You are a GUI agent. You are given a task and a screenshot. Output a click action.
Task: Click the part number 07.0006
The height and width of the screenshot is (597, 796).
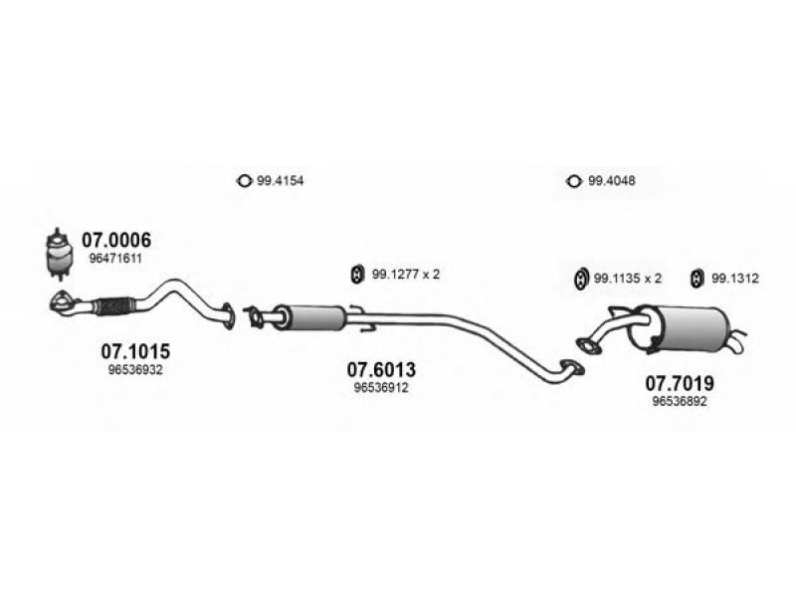[x=116, y=240]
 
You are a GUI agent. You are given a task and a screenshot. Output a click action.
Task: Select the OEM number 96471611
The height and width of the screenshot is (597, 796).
[x=115, y=259]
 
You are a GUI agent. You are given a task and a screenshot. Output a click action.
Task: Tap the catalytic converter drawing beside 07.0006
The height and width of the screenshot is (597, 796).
[x=59, y=254]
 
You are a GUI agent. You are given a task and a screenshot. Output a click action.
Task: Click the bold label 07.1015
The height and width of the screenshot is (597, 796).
[x=135, y=351]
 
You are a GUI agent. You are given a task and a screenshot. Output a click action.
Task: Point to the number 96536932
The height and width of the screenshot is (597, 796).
[x=135, y=369]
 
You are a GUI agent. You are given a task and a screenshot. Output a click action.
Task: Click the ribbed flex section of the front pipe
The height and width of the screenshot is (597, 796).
[x=115, y=306]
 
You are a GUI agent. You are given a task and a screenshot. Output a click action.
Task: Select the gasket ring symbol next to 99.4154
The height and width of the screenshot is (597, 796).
[x=244, y=181]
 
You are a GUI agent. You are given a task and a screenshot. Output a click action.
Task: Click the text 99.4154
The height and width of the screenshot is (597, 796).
[x=281, y=181]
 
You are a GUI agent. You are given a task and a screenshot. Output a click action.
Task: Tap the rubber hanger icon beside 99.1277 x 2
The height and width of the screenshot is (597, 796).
[x=358, y=275]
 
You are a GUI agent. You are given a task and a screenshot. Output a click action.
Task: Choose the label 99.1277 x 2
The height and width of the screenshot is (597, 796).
[x=406, y=275]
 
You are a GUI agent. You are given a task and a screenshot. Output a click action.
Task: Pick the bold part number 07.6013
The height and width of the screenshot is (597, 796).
[x=381, y=369]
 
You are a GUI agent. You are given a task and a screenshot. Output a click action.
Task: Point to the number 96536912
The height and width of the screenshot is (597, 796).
[x=381, y=388]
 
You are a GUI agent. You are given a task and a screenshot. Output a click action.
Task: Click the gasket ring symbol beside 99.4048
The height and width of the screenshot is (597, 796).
[x=574, y=181]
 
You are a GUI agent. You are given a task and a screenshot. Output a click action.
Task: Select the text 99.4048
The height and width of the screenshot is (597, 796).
[x=612, y=181]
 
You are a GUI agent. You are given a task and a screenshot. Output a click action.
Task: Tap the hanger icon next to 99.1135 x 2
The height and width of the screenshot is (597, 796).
[x=581, y=279]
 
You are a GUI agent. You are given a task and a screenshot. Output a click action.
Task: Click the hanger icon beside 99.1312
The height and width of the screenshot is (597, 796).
[x=697, y=279]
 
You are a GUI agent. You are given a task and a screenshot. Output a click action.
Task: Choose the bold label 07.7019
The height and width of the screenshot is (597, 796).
[x=680, y=383]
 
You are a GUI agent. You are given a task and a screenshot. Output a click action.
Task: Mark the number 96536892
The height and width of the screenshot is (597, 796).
[x=680, y=402]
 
